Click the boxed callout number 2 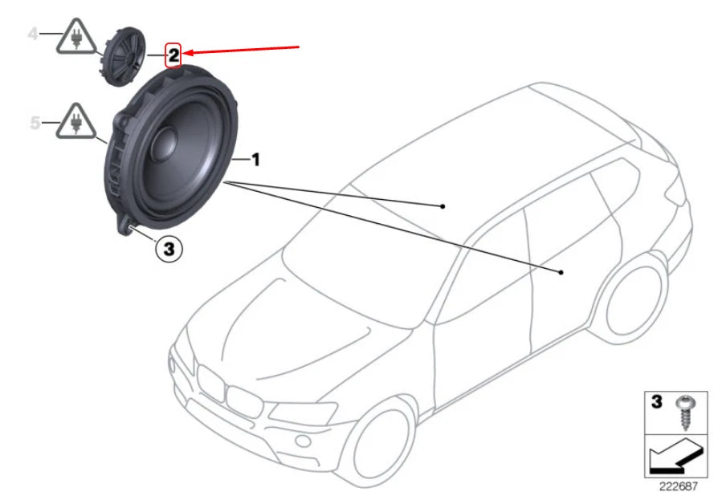coord(173,57)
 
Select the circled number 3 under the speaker coord(168,250)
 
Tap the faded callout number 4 coord(33,34)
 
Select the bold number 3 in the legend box coord(656,401)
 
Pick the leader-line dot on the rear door coord(561,273)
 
